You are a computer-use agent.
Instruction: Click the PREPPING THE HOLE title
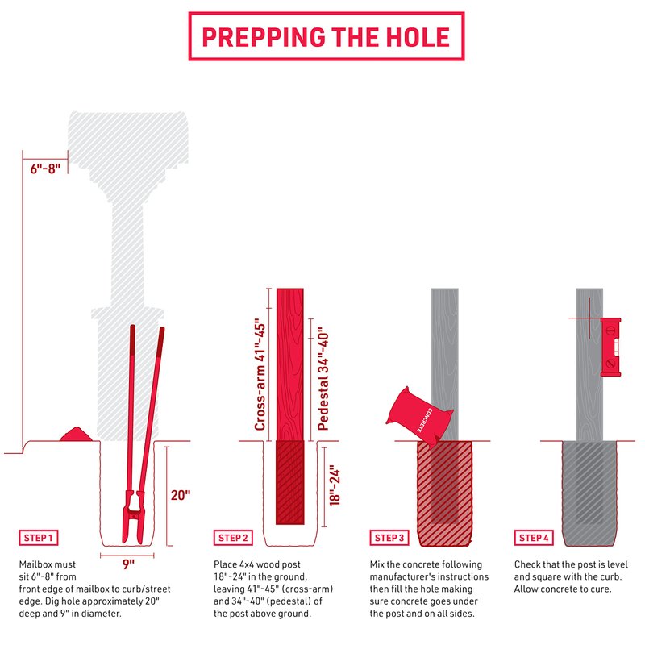pyautogui.click(x=327, y=36)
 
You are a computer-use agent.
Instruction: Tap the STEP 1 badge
pyautogui.click(x=38, y=538)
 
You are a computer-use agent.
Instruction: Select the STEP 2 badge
pyautogui.click(x=233, y=538)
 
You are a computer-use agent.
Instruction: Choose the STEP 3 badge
pyautogui.click(x=389, y=538)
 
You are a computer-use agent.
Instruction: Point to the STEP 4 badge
pyautogui.click(x=534, y=538)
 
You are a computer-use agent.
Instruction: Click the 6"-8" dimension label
pyautogui.click(x=45, y=169)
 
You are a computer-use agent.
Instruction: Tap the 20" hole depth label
pyautogui.click(x=181, y=495)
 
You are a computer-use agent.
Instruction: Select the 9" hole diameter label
pyautogui.click(x=128, y=564)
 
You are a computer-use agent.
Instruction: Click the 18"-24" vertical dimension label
pyautogui.click(x=335, y=486)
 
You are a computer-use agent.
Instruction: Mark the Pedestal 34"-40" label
pyautogui.click(x=323, y=379)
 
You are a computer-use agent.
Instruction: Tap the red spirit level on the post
pyautogui.click(x=610, y=347)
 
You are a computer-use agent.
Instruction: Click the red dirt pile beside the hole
pyautogui.click(x=76, y=435)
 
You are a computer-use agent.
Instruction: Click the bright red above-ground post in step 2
pyautogui.click(x=290, y=364)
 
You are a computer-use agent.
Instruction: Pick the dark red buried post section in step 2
pyautogui.click(x=290, y=482)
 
